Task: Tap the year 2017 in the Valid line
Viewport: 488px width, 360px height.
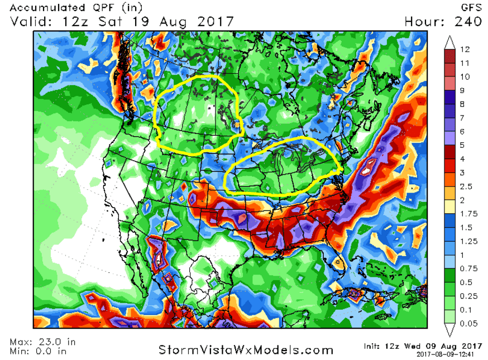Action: click(x=212, y=21)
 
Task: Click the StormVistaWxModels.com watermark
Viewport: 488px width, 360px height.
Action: click(x=246, y=349)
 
